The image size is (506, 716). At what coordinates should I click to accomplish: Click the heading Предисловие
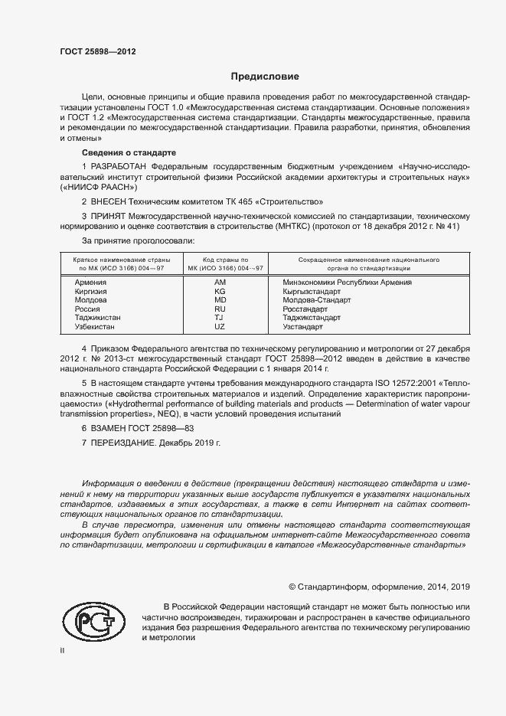coord(266,77)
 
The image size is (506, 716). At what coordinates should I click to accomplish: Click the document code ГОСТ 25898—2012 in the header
coord(99,51)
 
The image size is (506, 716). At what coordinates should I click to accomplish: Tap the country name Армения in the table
coord(90,283)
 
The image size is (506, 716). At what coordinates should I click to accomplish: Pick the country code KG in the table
coord(220,292)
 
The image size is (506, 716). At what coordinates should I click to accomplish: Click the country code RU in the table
coord(220,309)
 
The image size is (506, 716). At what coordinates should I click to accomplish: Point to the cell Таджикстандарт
coord(312,317)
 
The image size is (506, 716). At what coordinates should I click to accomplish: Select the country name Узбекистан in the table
coord(95,326)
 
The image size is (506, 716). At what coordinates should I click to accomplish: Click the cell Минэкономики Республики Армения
coord(348,283)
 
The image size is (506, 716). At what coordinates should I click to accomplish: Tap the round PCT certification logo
coord(93,621)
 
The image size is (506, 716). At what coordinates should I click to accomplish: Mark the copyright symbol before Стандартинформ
coord(292,587)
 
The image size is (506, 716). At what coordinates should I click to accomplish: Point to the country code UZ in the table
coord(220,326)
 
